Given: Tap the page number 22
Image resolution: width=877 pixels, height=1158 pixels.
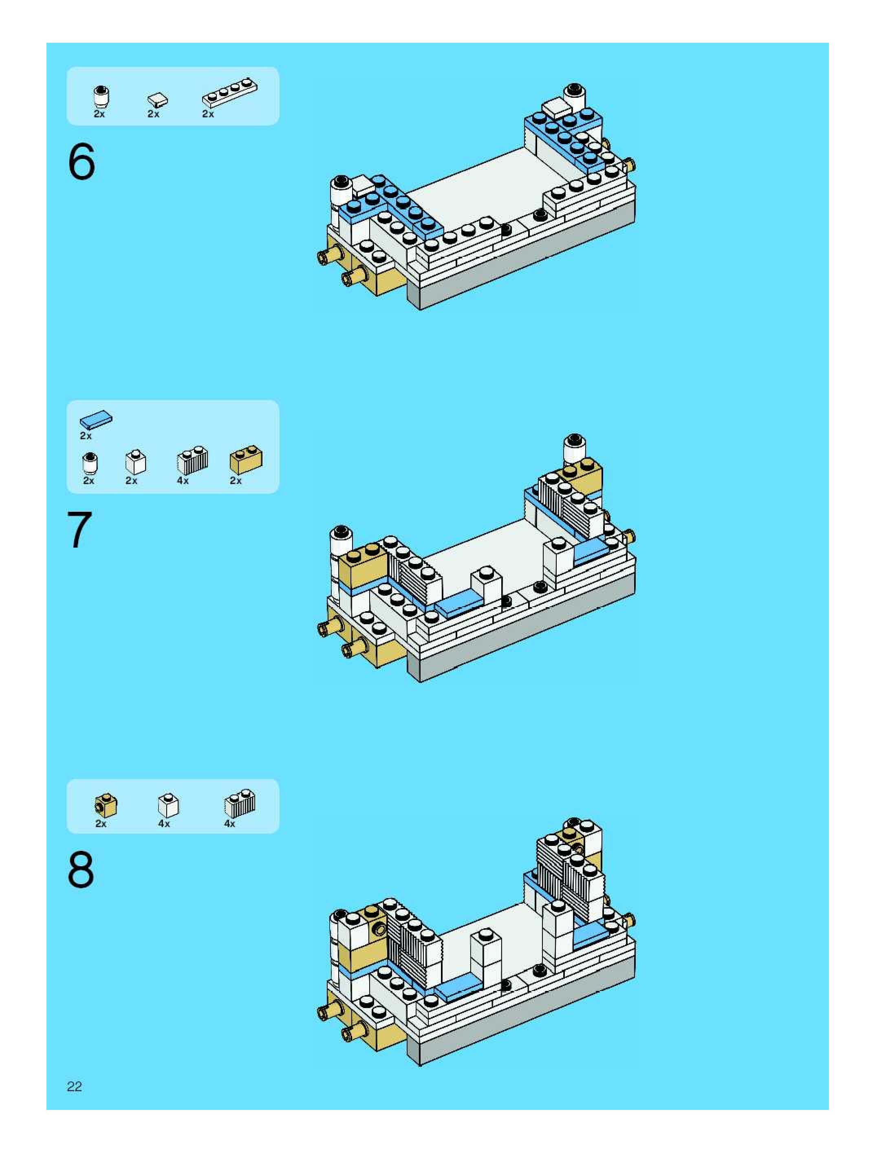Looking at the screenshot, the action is coord(74,1086).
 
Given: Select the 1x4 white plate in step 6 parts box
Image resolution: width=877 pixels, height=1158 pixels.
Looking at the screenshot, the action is coord(230,93).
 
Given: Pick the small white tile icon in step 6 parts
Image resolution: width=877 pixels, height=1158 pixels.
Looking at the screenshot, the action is coord(158,99).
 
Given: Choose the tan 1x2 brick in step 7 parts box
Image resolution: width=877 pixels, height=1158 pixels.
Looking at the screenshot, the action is coord(246,459).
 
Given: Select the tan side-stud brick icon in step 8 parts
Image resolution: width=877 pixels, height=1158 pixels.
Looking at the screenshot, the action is coord(106,806).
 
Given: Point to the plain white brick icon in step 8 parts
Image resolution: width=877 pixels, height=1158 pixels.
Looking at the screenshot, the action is coord(168,806).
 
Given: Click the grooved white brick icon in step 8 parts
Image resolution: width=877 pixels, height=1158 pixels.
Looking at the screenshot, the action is coord(240,804).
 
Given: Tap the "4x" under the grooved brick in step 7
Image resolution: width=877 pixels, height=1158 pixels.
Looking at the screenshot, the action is coord(183,480).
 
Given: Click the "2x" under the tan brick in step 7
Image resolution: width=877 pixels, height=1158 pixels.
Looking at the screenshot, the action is coord(236,480).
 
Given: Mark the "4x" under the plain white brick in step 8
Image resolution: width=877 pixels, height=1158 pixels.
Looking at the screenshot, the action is coord(164,824).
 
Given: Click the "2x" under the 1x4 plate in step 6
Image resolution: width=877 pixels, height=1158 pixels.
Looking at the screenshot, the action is coord(208,114).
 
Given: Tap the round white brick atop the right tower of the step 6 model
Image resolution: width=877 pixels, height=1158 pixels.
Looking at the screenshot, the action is coord(574,97).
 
